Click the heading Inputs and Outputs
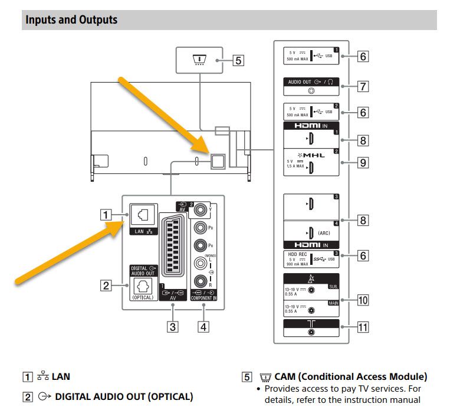point(71,20)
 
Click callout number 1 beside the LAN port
point(106,215)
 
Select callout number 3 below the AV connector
point(172,326)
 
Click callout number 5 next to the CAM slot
point(237,60)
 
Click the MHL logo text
point(310,154)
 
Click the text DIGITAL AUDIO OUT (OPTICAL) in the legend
point(123,397)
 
